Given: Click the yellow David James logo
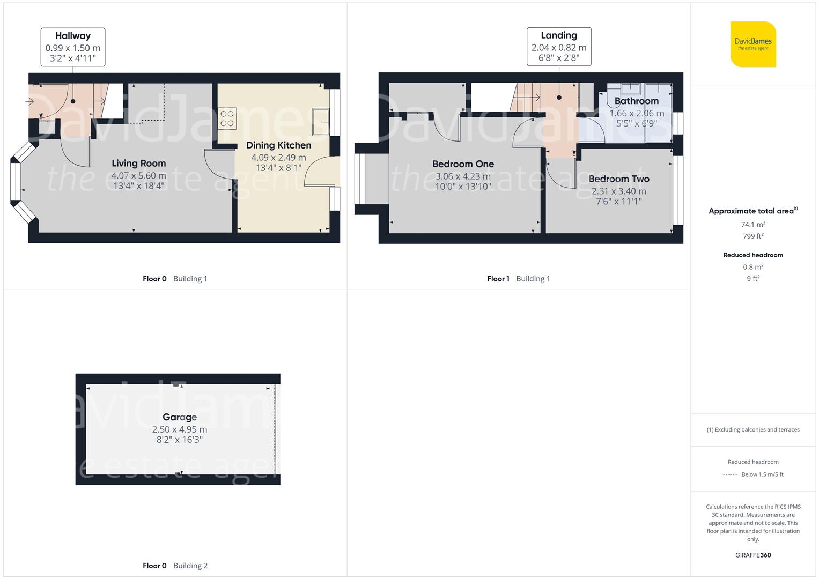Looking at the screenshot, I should (x=753, y=44).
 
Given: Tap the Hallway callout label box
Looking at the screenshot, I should (x=73, y=47).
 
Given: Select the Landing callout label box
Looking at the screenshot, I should (x=559, y=47).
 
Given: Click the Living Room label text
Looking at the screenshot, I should (x=138, y=164).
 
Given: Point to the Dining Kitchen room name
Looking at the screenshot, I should (x=278, y=145).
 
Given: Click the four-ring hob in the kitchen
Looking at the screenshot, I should (x=227, y=118).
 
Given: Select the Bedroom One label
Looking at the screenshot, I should (x=463, y=164).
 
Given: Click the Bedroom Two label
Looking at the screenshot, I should (x=618, y=179).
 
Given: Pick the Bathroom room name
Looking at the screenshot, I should (x=636, y=101).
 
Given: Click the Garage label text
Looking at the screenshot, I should (x=180, y=417).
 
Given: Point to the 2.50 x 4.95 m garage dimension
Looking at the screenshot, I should (x=180, y=429).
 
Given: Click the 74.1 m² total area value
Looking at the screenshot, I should (x=753, y=225).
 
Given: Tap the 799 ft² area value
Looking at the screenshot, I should (x=753, y=236).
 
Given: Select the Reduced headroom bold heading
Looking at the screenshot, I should (x=753, y=255).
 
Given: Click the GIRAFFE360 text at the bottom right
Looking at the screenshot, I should (x=753, y=555).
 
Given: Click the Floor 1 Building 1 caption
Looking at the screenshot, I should (x=518, y=279).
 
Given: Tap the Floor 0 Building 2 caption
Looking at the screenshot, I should (x=175, y=566).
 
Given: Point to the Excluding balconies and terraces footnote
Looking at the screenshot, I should (x=753, y=429).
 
